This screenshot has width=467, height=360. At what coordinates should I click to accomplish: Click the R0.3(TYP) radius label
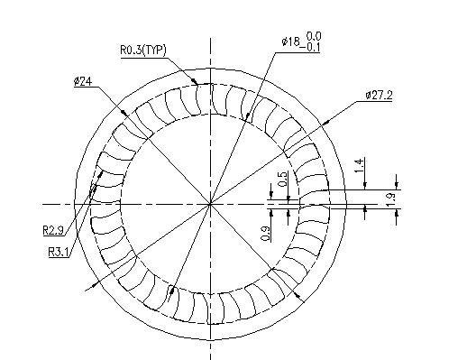click(143, 50)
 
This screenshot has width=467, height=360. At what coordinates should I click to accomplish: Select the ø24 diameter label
click(83, 81)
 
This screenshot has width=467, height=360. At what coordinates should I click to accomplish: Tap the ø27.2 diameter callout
click(379, 96)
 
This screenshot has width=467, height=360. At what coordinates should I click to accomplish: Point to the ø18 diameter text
click(290, 42)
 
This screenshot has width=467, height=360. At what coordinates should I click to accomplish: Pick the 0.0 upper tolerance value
click(314, 36)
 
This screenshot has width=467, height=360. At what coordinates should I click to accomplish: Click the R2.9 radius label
click(53, 231)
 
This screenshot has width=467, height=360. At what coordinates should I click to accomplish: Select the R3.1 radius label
click(59, 252)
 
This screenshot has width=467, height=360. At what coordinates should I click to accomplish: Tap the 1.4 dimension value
click(360, 165)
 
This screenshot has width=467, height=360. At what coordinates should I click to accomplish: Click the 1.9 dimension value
click(389, 200)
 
